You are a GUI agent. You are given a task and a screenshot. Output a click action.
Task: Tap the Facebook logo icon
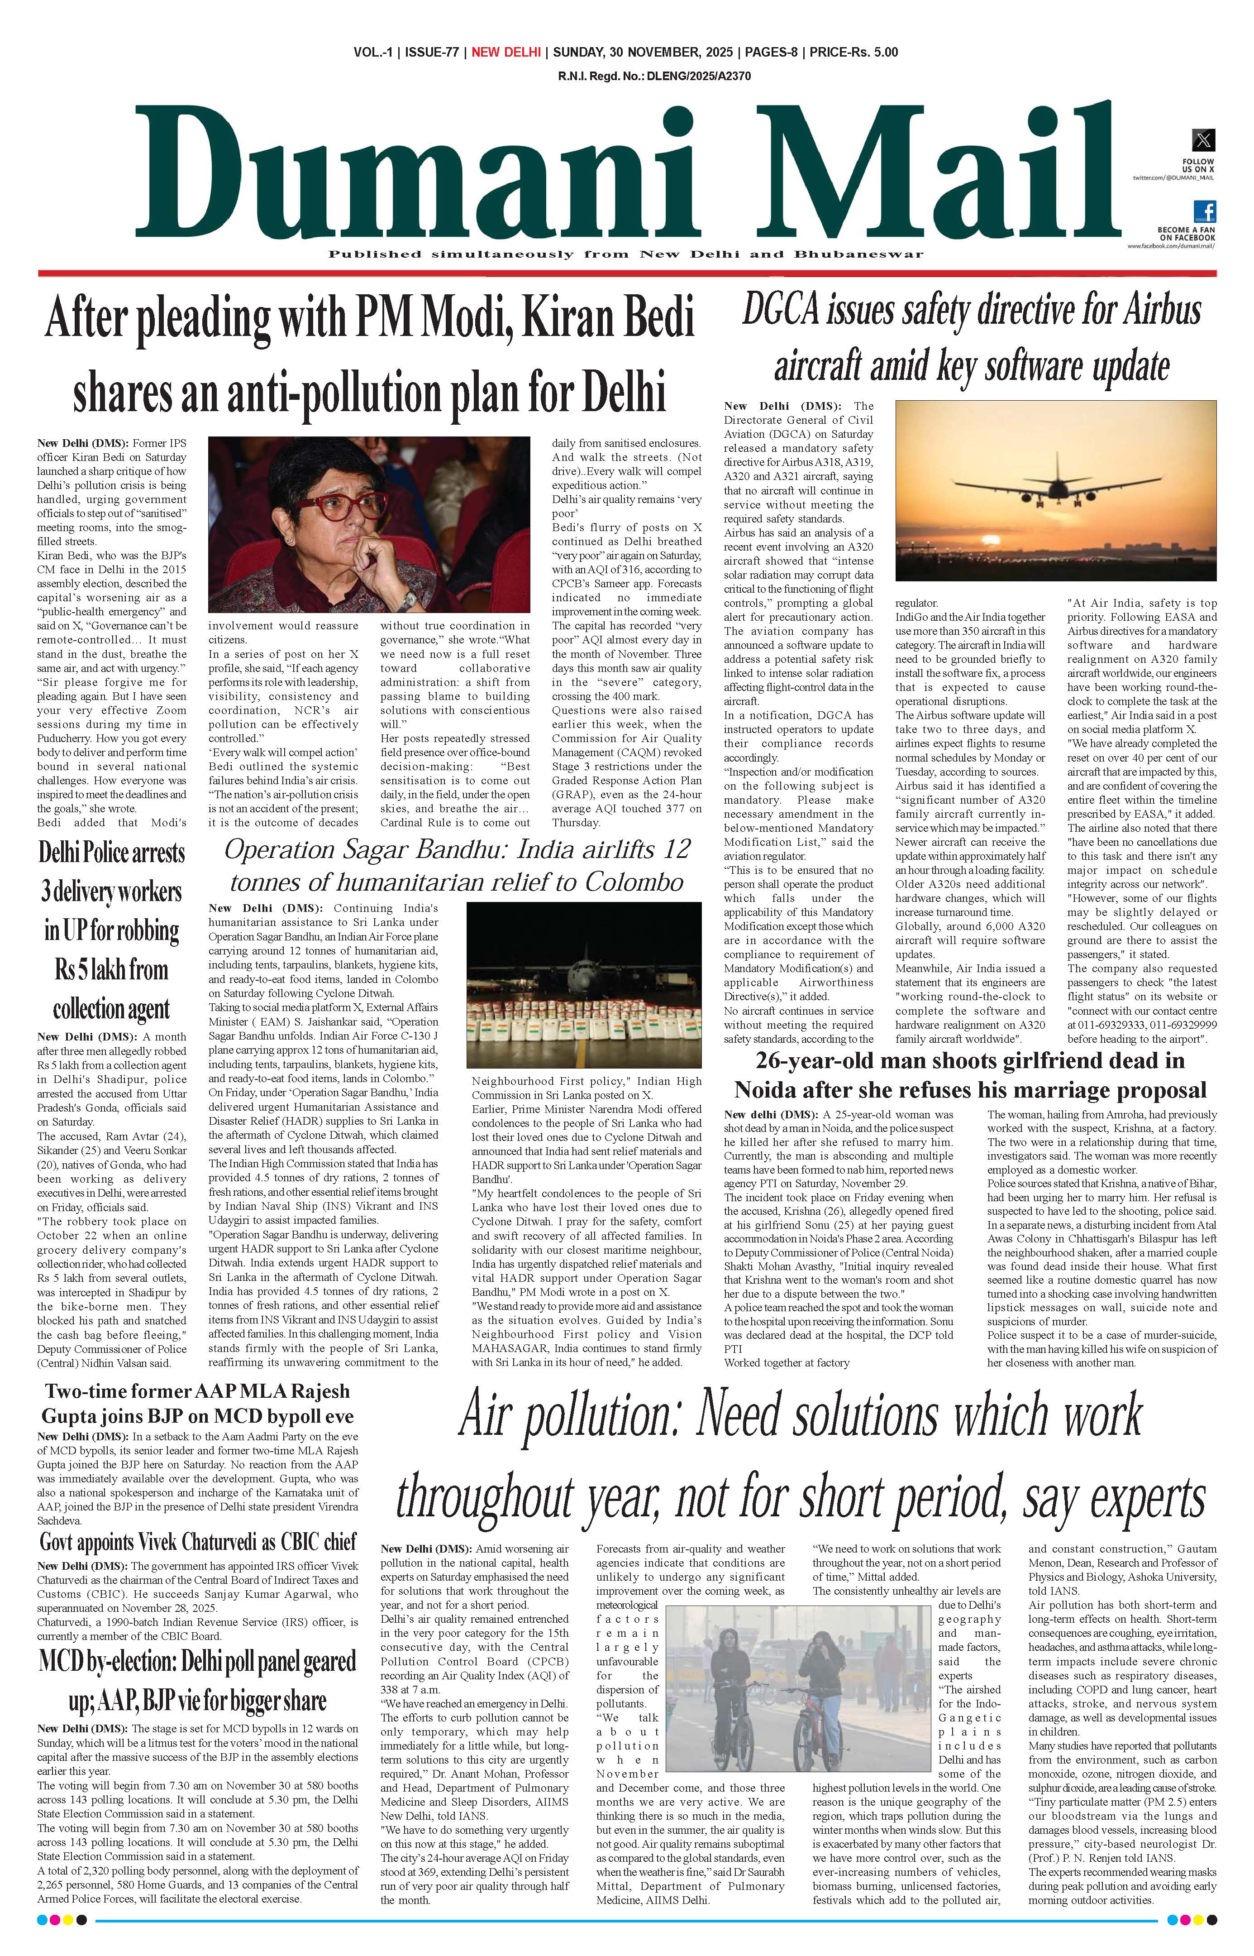coord(1204,212)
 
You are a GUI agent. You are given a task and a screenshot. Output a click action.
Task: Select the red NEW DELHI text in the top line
coord(505,52)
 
